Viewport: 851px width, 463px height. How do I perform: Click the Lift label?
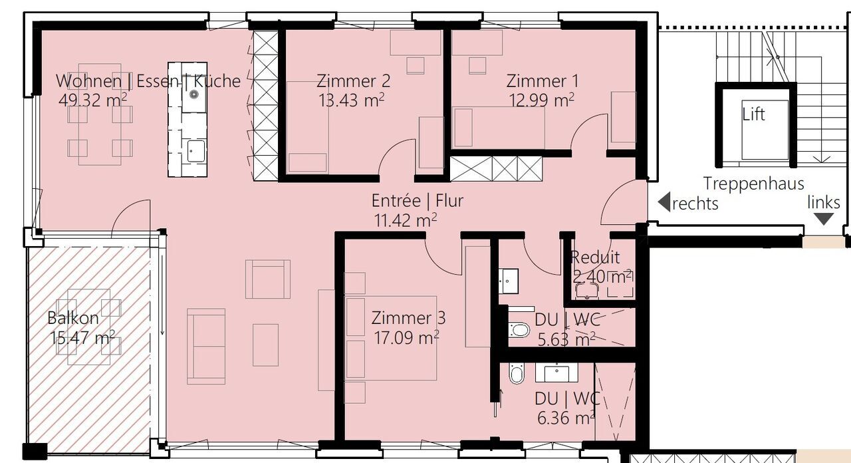753,114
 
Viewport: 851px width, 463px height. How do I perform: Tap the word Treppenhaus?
753,184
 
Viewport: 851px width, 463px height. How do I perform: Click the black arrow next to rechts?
664,202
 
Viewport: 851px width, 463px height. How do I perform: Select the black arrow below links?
823,219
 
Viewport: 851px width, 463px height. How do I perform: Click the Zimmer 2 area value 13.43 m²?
352,100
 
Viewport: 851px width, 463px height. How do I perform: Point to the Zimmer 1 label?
542,81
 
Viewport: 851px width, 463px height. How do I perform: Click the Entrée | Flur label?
417,200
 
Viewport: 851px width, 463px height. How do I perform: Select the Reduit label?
595,257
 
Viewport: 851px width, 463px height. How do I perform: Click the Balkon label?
73,318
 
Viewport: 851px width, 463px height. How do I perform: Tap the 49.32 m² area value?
93,100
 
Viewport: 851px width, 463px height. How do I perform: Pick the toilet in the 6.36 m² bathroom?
517,374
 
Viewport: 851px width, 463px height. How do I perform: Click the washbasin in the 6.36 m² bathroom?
556,373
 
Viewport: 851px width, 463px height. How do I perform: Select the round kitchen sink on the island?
195,94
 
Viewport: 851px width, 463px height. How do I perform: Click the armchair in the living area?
267,279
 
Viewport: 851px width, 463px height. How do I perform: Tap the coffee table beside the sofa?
265,345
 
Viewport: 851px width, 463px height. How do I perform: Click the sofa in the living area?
205,346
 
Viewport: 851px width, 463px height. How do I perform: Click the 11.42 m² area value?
406,220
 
